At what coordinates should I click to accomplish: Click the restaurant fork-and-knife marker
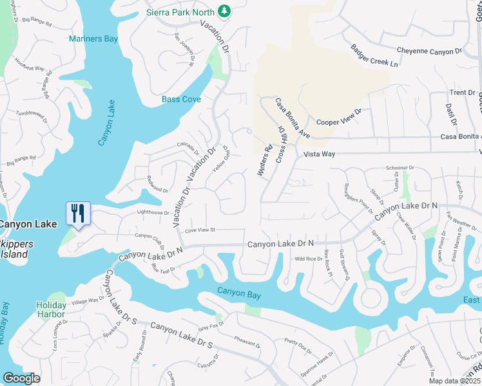78,213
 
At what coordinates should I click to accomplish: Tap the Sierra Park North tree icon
224,11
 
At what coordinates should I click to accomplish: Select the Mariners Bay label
93,39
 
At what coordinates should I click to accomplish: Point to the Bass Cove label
181,100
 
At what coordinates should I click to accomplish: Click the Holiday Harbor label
51,309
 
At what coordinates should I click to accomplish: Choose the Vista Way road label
320,154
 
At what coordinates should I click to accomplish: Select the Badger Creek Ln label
374,55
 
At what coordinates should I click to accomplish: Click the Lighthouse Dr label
152,212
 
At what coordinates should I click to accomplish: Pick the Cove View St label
200,230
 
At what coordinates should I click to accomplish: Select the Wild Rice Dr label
309,259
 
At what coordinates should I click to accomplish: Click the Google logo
22,378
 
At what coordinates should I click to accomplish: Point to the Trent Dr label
462,93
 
